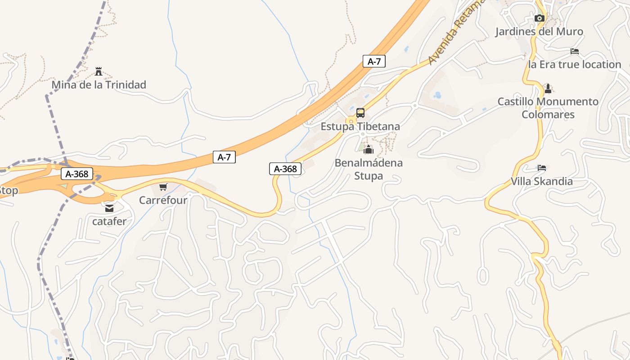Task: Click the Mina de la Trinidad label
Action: coord(99,85)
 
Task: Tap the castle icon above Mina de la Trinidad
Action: coord(99,72)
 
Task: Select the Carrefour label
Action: coord(163,200)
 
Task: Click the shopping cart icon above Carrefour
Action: coord(163,187)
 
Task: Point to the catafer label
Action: coord(109,221)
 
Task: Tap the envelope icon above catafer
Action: coord(109,208)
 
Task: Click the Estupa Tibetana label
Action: coord(360,126)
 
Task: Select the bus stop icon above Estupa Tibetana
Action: coord(360,113)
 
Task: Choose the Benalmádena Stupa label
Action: coord(369,169)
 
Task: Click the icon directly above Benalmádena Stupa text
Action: coord(369,149)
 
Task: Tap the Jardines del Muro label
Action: coord(539,31)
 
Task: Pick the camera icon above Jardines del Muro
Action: coord(539,18)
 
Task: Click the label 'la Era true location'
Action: coord(575,64)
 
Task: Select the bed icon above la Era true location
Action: coord(575,51)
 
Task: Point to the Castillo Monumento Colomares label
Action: coord(548,108)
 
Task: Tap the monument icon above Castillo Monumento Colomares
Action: coord(548,88)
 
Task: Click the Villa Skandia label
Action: coord(542,181)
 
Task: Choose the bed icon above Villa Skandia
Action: coord(542,168)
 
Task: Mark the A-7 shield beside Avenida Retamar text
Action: coord(374,61)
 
